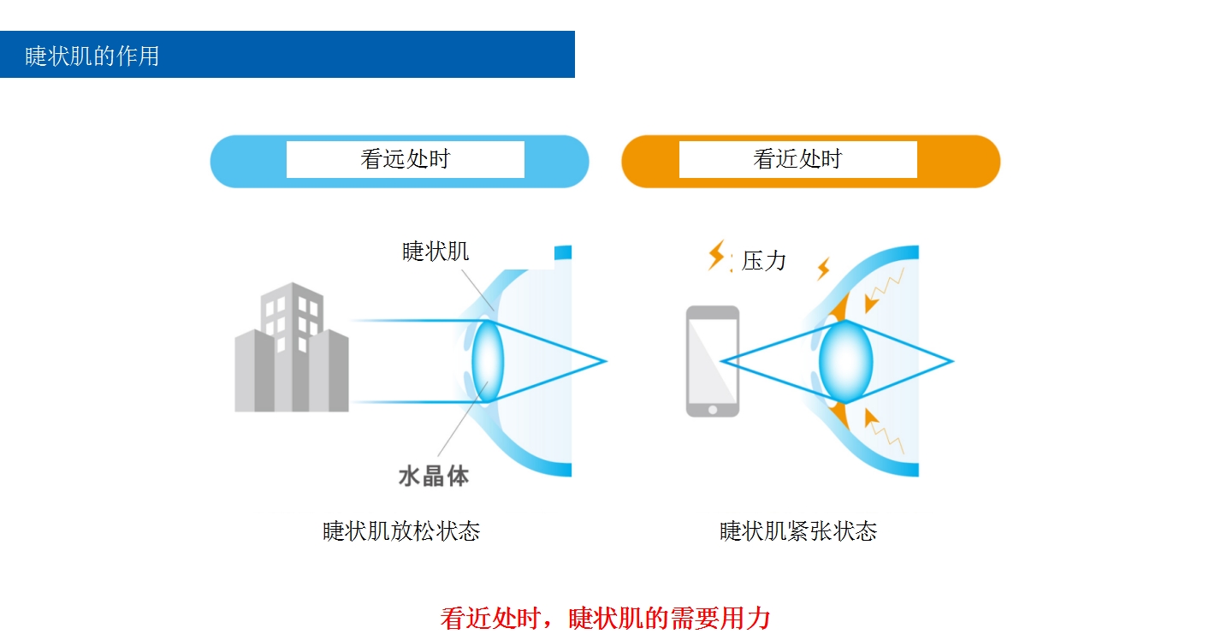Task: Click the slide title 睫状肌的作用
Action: point(92,56)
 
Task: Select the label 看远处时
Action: point(405,159)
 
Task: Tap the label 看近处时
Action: point(797,159)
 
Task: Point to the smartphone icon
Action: point(713,361)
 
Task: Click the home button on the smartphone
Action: point(713,408)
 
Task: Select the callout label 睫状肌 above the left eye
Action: point(436,252)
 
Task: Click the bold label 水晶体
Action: point(434,477)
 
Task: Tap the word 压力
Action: point(763,260)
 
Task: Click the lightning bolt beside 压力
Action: point(717,255)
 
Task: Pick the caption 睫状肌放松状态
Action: point(401,531)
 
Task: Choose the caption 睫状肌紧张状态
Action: point(798,531)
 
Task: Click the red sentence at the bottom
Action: point(605,617)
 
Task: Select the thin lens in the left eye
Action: point(488,361)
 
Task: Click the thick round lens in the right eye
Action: point(845,361)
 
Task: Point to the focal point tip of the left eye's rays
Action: point(605,361)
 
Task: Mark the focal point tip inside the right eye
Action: point(951,361)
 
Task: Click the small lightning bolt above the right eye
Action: point(823,269)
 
